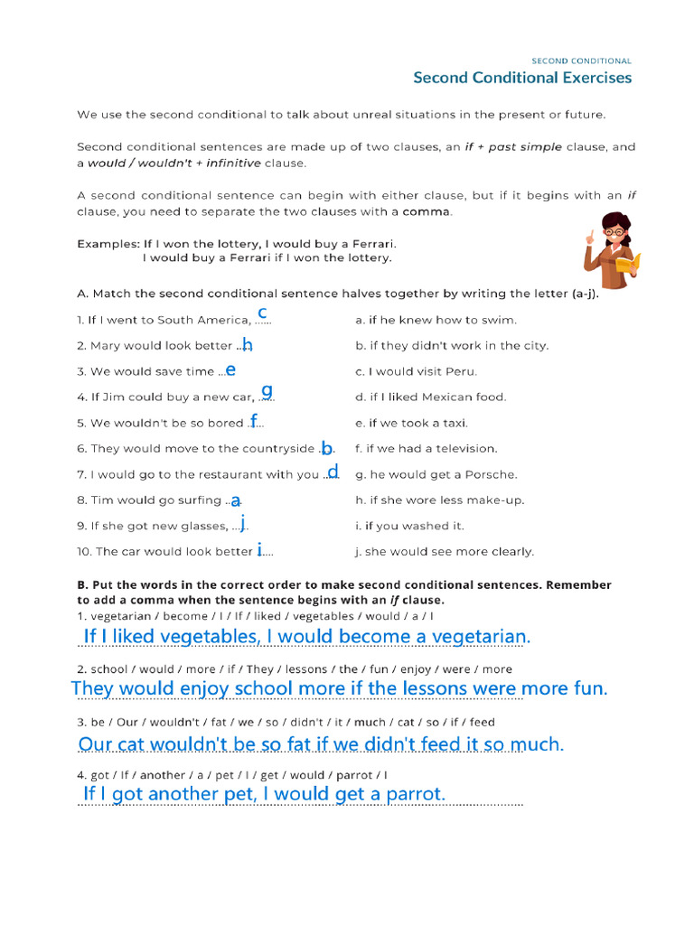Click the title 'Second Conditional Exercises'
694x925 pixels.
click(522, 78)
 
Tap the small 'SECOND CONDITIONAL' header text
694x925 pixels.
click(581, 61)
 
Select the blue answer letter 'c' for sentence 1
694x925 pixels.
click(262, 313)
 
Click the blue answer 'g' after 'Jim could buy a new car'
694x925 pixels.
click(267, 391)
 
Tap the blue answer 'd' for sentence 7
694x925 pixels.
click(333, 471)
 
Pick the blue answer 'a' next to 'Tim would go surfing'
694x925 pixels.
click(236, 500)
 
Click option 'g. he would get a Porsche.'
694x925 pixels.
click(436, 474)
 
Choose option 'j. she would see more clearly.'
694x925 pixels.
click(445, 551)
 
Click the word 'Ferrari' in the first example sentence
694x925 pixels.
click(372, 244)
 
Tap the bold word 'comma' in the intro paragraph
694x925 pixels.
click(426, 212)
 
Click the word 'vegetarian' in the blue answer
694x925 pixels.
click(478, 637)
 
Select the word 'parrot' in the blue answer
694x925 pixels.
click(411, 794)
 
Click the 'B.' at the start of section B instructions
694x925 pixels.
click(82, 584)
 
